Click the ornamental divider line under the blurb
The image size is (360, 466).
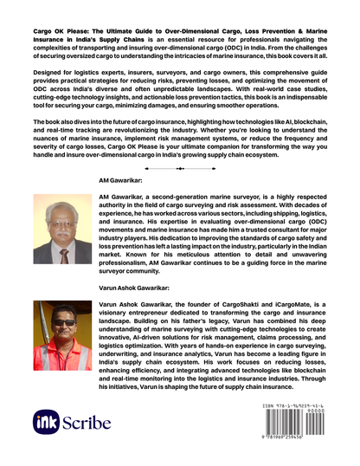click(179, 165)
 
